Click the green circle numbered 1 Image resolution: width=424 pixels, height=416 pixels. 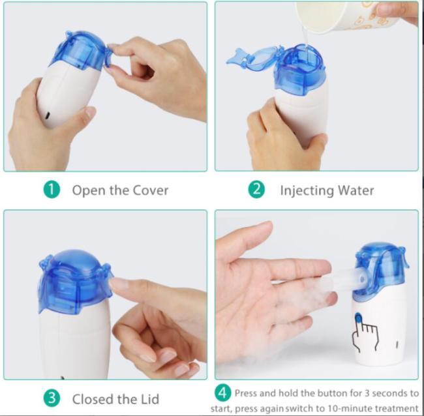(52, 190)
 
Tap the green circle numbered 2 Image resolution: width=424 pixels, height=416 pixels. (256, 190)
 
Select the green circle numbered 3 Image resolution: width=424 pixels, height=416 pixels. (52, 398)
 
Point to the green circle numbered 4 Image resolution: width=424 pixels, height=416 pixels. (223, 393)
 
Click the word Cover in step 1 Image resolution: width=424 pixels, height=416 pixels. (150, 190)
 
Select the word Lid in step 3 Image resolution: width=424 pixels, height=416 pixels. (149, 399)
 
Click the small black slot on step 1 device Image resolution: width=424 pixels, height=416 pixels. (48, 115)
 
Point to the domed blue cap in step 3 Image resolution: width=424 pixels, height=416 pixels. (75, 281)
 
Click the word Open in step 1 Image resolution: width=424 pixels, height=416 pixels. (89, 191)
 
